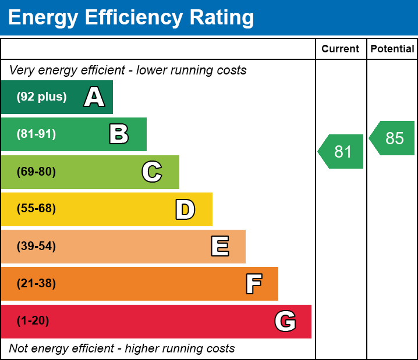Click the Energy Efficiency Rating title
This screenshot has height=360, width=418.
tap(131, 18)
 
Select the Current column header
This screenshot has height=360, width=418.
tap(341, 49)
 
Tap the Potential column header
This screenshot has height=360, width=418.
tap(392, 49)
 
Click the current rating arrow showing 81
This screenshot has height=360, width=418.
tap(342, 152)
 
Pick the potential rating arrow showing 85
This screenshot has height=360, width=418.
tap(393, 138)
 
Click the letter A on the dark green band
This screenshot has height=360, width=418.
tap(94, 97)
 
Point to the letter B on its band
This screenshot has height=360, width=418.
tap(119, 134)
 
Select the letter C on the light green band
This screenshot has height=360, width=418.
tap(152, 172)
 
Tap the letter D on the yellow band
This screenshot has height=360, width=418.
tap(185, 209)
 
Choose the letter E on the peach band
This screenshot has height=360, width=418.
tap(219, 247)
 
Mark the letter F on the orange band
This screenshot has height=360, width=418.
tap(253, 284)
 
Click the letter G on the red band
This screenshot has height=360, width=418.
tap(285, 321)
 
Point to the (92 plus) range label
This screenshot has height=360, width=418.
tap(41, 97)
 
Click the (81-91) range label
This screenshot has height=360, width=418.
tap(36, 134)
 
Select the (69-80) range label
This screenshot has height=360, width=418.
tap(36, 172)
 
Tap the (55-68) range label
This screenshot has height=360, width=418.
tap(36, 209)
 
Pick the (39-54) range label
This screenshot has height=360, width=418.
tap(36, 246)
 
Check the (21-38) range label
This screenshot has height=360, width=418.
tap(36, 284)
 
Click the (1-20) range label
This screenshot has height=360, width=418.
tap(33, 321)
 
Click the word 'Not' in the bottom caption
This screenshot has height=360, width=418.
tap(19, 349)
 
